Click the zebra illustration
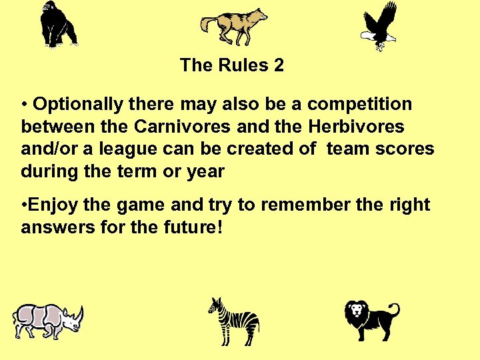[x=234, y=321]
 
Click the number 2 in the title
[x=278, y=65]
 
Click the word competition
[x=359, y=105]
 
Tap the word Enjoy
[x=52, y=205]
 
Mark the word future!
[x=193, y=228]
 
